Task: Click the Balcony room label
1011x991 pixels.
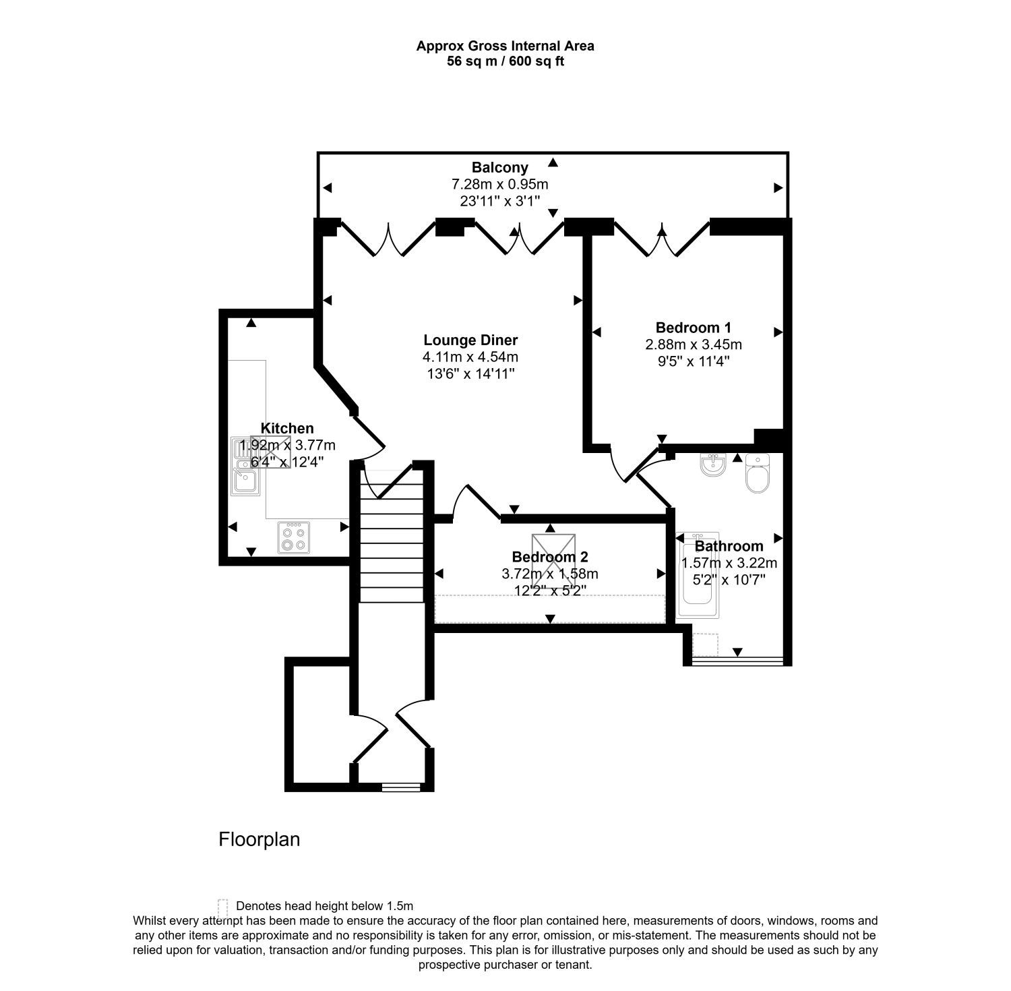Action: pos(499,167)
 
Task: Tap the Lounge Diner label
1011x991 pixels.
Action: pos(470,340)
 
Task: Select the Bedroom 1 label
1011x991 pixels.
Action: pos(694,328)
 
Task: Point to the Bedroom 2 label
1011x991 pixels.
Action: pos(550,557)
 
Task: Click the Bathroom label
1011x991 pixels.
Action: pos(729,546)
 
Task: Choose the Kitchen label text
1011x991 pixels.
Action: pos(287,428)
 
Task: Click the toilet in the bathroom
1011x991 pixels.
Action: pos(758,473)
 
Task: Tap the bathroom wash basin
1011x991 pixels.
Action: pos(712,464)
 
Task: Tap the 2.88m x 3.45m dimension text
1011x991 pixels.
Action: pos(694,344)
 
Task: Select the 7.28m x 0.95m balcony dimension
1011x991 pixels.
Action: pos(499,184)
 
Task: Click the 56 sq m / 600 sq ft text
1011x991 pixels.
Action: pos(505,61)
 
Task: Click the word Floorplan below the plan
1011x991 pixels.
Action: pos(259,839)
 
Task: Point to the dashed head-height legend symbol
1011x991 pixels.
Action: pos(222,906)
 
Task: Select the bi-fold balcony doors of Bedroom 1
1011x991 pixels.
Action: pos(662,239)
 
